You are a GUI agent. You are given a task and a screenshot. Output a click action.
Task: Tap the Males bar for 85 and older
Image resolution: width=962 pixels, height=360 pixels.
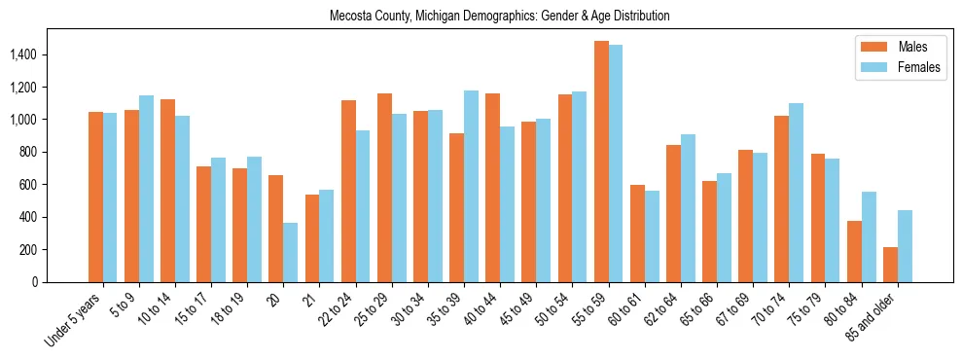pos(890,265)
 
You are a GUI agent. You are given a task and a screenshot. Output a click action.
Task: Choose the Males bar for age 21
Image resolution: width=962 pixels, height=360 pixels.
pos(312,238)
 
